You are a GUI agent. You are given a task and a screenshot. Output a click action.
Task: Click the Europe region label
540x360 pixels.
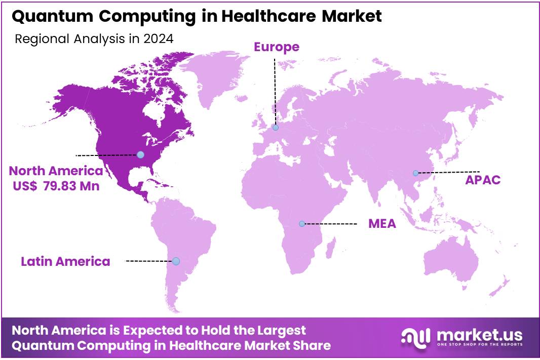point(276,47)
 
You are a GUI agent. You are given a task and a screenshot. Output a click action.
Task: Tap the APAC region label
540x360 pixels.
point(483,180)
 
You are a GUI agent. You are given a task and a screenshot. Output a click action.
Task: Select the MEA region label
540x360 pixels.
point(382,224)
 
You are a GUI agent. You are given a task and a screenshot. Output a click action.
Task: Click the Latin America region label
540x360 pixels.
point(65,262)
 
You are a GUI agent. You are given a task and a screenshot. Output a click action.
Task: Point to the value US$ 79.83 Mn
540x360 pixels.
point(56,186)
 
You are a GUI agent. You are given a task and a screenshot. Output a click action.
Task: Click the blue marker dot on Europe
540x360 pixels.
point(276,128)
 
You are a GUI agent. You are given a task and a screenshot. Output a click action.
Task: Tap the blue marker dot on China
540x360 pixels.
point(415,173)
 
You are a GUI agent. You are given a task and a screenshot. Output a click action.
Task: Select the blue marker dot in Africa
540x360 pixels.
point(301,224)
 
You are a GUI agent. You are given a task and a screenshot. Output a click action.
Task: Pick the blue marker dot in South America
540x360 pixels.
point(176,261)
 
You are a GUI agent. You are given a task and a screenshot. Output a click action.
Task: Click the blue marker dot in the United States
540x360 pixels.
point(140,154)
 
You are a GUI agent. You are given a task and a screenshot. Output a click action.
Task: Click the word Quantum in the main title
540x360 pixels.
point(42,17)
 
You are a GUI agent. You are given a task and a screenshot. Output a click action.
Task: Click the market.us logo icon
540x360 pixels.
point(415,337)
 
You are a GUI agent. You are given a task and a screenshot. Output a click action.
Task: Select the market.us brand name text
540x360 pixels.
point(479,335)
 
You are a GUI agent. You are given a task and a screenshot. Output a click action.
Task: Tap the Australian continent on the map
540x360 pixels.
point(451,263)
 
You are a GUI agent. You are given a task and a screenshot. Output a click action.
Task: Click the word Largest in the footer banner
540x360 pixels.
point(279,331)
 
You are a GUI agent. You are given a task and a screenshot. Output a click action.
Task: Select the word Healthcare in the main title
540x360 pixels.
point(261,17)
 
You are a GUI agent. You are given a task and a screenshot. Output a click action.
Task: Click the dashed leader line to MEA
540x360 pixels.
point(331,224)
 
